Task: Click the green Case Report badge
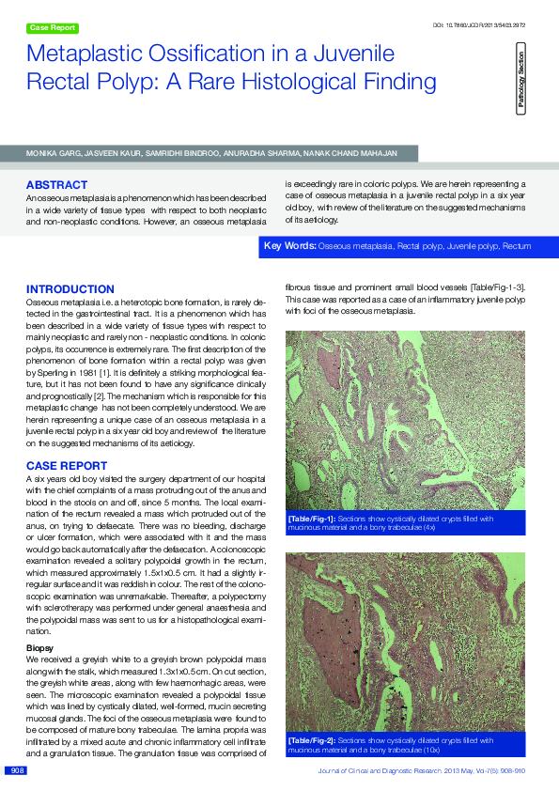click(53, 28)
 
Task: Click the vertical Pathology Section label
click(520, 84)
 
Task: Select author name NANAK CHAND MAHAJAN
click(369, 151)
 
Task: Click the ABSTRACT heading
click(56, 185)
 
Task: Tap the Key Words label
click(289, 246)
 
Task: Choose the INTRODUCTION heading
click(70, 289)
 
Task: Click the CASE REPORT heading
click(67, 466)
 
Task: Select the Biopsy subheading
click(39, 647)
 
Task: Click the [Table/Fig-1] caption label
click(310, 518)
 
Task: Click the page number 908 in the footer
click(16, 771)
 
